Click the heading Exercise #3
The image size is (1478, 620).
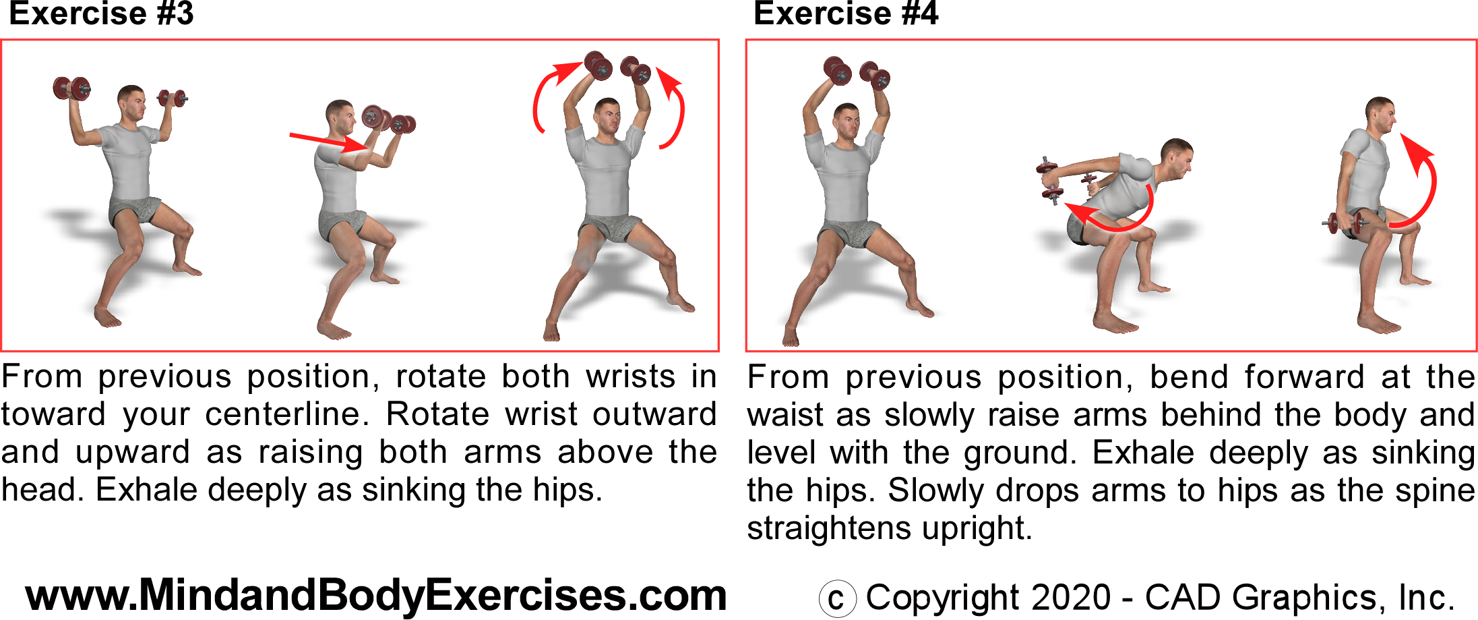(101, 13)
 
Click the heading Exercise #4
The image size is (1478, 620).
(846, 13)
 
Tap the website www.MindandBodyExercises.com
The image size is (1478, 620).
(376, 596)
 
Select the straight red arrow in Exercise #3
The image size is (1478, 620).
(328, 142)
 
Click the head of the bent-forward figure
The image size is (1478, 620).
(1176, 160)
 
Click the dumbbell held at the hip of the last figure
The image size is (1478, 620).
(1345, 223)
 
